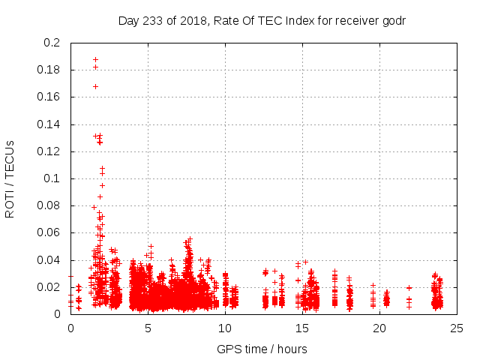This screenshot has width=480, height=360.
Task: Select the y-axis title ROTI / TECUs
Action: click(10, 178)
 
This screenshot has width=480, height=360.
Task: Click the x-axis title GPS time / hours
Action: click(262, 349)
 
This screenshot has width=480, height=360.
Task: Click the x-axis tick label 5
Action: click(148, 328)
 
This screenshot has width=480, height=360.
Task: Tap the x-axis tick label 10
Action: click(225, 328)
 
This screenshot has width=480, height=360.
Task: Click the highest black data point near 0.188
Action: click(95, 59)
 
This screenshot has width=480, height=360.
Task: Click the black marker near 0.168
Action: click(95, 86)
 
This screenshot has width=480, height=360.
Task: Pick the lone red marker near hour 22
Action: click(409, 287)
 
